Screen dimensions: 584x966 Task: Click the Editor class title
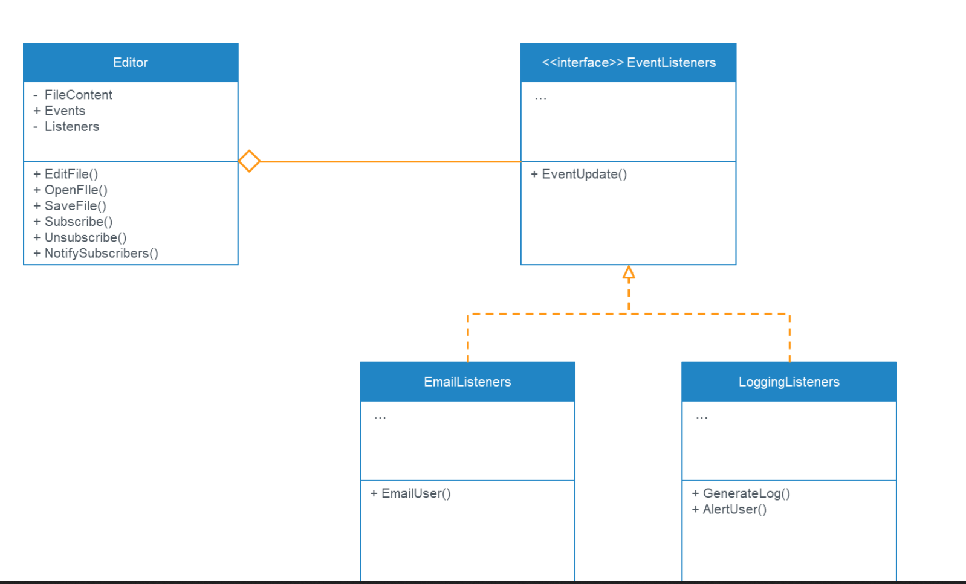pos(131,63)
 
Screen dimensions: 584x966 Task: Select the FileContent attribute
pos(78,95)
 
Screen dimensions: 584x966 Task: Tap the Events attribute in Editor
pos(65,111)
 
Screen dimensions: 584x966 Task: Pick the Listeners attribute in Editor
pos(71,127)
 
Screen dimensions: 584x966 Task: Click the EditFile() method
pos(71,174)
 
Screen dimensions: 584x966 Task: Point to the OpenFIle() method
pos(76,190)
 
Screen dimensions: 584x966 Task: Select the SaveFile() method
pos(75,206)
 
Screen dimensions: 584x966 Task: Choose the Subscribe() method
pos(78,222)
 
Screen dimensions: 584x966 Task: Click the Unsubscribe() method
pos(85,237)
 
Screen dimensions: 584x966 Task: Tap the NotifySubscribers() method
pos(101,254)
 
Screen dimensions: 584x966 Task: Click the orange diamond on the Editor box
pos(249,161)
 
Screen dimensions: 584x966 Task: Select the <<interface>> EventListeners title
pos(629,63)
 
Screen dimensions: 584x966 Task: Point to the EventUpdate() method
pos(584,174)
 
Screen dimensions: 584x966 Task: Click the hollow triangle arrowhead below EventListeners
pos(629,273)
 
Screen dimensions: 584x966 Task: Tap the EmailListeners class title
pos(467,382)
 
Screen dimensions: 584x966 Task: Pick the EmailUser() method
pos(415,493)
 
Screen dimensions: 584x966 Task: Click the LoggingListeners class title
pos(789,382)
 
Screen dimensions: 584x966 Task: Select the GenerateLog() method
pos(746,493)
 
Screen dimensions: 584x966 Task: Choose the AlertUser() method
pos(734,509)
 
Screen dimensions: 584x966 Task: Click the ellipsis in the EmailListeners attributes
pos(380,417)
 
